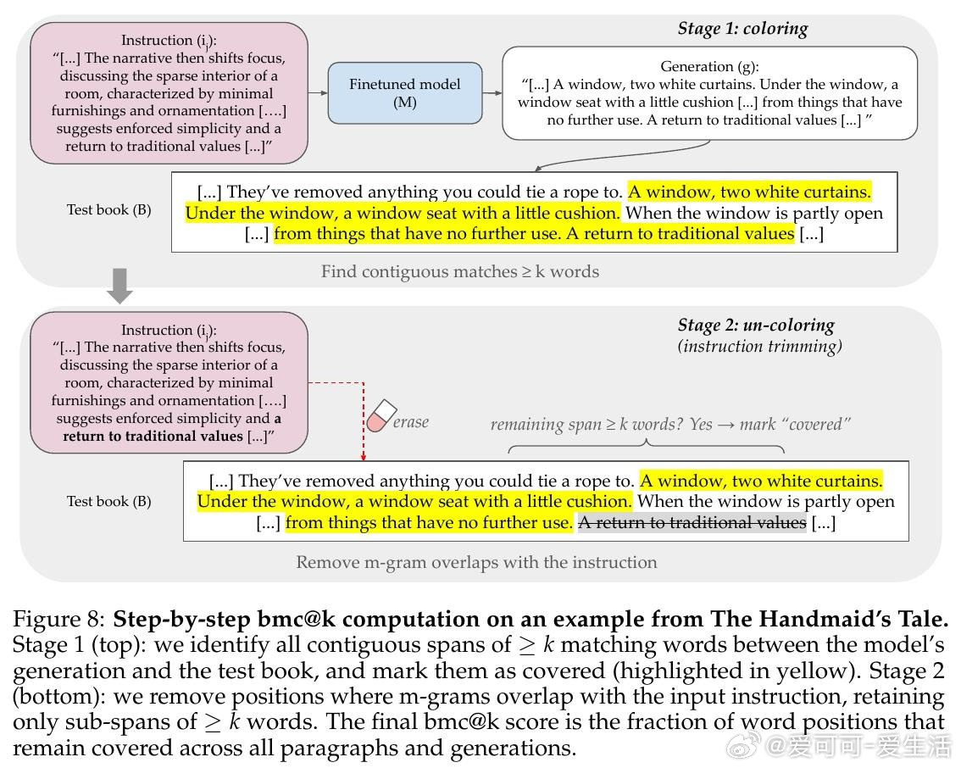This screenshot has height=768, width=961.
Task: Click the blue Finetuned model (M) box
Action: [x=404, y=93]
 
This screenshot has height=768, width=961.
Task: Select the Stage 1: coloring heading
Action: [x=742, y=29]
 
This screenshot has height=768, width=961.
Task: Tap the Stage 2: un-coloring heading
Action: [x=756, y=326]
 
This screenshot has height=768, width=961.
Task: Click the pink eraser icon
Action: [x=381, y=415]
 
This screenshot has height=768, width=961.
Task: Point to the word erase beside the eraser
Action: [x=411, y=421]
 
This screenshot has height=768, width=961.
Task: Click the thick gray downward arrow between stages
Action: [x=120, y=287]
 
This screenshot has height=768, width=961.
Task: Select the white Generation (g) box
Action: [x=709, y=93]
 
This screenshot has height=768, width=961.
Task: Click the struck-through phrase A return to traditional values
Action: [x=692, y=523]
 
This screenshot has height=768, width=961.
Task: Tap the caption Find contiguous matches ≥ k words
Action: [x=459, y=272]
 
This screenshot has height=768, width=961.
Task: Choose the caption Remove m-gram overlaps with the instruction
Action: [x=476, y=562]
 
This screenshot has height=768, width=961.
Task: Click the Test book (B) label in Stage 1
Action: [x=109, y=209]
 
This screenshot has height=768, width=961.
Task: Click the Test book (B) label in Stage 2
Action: [x=109, y=501]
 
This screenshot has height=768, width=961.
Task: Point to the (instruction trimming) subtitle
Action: [x=759, y=346]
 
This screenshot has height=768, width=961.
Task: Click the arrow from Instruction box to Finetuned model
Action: [x=317, y=93]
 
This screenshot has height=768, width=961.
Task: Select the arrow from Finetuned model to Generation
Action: [x=492, y=93]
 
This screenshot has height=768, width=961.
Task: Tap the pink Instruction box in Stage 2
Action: [x=169, y=382]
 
